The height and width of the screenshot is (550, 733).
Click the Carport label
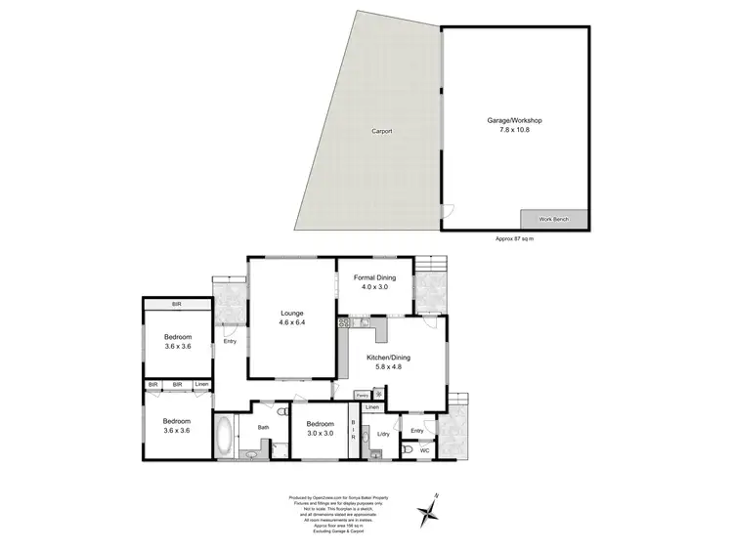point(381,131)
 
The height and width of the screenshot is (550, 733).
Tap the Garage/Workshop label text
point(514,120)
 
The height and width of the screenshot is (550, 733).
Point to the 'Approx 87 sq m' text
point(515,238)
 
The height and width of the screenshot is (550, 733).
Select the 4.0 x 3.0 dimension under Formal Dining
point(374,288)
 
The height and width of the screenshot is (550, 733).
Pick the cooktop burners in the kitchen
point(343,323)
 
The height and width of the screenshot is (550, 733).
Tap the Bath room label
point(263,426)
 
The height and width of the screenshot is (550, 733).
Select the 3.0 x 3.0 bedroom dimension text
point(321,434)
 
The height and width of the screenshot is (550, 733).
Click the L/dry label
point(383,433)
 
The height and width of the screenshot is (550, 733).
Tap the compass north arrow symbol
point(430,510)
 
